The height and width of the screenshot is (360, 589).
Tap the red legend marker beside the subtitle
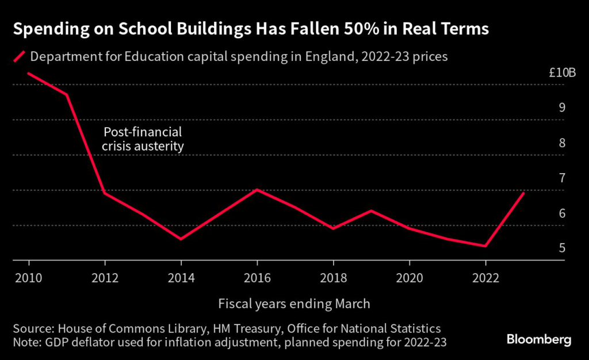pyautogui.click(x=20, y=57)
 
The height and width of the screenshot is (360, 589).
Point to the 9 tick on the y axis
pyautogui.click(x=562, y=108)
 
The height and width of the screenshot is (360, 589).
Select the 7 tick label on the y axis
pyautogui.click(x=562, y=178)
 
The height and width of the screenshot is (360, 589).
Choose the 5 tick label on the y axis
pyautogui.click(x=562, y=248)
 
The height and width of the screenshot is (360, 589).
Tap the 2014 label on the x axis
pyautogui.click(x=181, y=278)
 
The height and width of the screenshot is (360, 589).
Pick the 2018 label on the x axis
pyautogui.click(x=333, y=278)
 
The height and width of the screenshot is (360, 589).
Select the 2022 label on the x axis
pyautogui.click(x=485, y=278)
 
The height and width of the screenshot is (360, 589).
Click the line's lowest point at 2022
pyautogui.click(x=485, y=246)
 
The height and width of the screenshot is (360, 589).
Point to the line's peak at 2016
pyautogui.click(x=257, y=189)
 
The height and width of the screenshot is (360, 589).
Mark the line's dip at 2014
pyautogui.click(x=181, y=239)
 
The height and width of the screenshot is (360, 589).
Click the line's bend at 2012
pyautogui.click(x=105, y=193)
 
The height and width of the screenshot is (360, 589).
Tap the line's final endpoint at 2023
pyautogui.click(x=523, y=193)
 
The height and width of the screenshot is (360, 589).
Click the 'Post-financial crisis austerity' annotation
pyautogui.click(x=143, y=139)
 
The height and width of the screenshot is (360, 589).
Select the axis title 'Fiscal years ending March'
pyautogui.click(x=294, y=303)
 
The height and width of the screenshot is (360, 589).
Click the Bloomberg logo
pyautogui.click(x=539, y=339)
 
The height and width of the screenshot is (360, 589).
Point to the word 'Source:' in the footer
pyautogui.click(x=33, y=328)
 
